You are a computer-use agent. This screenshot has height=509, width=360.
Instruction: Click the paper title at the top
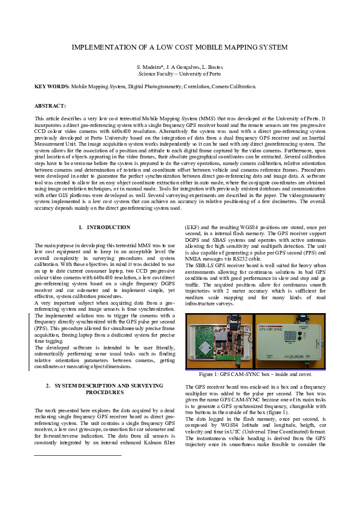click(x=180, y=47)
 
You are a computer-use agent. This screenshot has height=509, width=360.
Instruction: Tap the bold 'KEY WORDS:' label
click(x=52, y=86)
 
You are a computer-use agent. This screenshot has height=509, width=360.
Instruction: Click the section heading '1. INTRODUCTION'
click(x=105, y=227)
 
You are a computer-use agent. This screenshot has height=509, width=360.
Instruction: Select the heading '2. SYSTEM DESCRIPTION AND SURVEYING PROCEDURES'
click(x=105, y=389)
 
